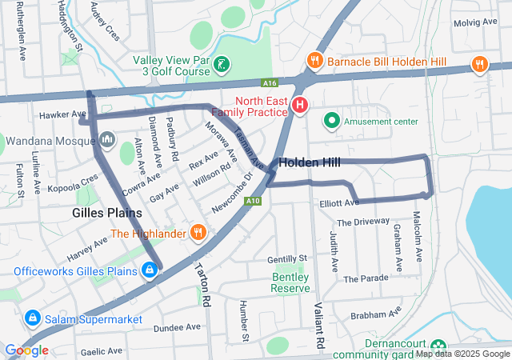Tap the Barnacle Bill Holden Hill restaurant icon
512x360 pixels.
tap(315, 60)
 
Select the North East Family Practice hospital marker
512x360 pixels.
tap(300, 105)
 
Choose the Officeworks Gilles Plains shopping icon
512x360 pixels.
tap(149, 271)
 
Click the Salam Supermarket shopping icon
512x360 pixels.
tap(33, 318)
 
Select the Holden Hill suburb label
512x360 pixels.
tap(309, 162)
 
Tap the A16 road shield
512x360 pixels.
tap(269, 82)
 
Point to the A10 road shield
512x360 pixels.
tap(253, 200)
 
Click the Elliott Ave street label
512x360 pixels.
tap(334, 204)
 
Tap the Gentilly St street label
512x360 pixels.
tap(287, 259)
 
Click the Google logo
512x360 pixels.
tap(26, 350)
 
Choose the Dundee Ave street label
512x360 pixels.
tap(177, 327)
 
